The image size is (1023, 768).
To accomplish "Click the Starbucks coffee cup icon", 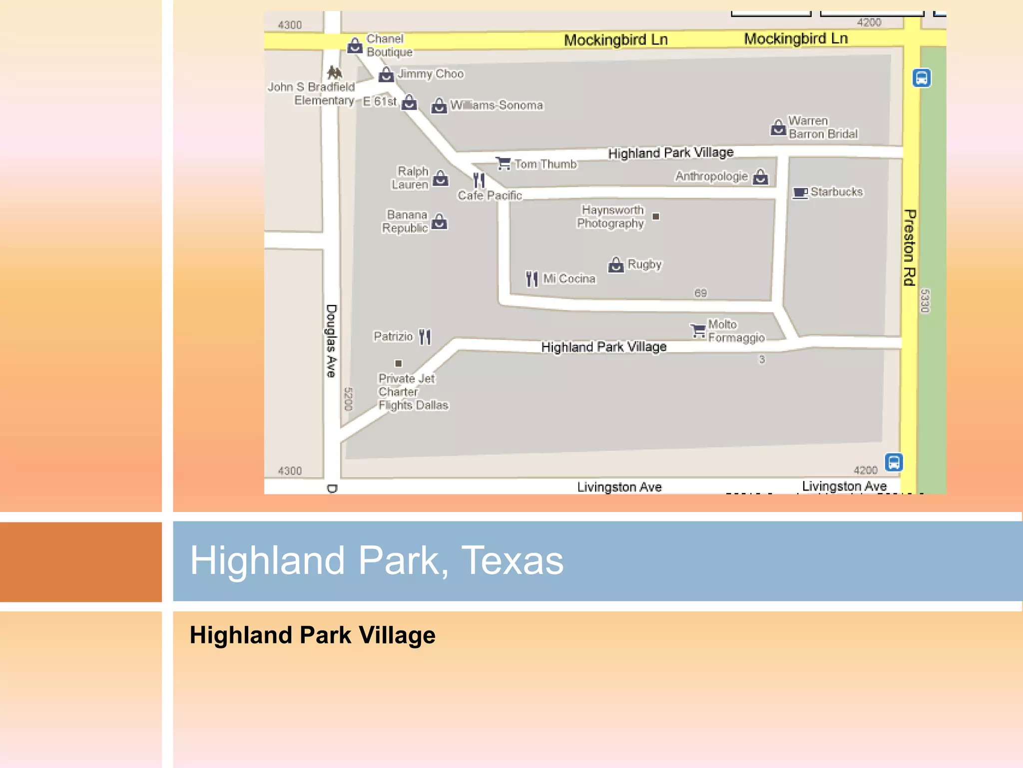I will pyautogui.click(x=800, y=193).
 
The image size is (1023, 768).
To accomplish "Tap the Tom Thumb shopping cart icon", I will pyautogui.click(x=503, y=163).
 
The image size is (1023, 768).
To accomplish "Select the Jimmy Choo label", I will pyautogui.click(x=431, y=74).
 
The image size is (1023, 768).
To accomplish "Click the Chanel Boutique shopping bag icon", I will pyautogui.click(x=355, y=45).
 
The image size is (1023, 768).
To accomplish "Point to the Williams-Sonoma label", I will pyautogui.click(x=496, y=105).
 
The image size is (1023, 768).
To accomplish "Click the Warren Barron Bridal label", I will pyautogui.click(x=822, y=127).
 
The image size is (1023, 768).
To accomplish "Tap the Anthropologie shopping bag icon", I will pyautogui.click(x=760, y=176).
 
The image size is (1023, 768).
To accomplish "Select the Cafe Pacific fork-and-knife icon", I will pyautogui.click(x=479, y=180).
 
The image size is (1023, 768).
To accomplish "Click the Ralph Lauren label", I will pyautogui.click(x=410, y=178).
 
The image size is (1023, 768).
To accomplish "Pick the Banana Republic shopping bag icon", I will pyautogui.click(x=439, y=221).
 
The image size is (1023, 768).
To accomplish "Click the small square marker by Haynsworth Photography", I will pyautogui.click(x=656, y=216).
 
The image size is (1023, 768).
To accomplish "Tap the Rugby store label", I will pyautogui.click(x=644, y=264).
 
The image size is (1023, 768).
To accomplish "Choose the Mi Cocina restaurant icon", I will pyautogui.click(x=532, y=279).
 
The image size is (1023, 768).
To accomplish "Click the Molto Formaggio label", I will pyautogui.click(x=736, y=331).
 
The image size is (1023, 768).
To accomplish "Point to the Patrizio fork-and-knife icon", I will pyautogui.click(x=425, y=336).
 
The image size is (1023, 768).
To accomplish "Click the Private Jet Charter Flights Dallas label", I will pyautogui.click(x=413, y=392).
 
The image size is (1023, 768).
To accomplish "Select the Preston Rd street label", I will pyautogui.click(x=910, y=247).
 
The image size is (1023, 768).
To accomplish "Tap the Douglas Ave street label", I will pyautogui.click(x=331, y=340).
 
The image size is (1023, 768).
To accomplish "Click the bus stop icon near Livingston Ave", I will pyautogui.click(x=894, y=462).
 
